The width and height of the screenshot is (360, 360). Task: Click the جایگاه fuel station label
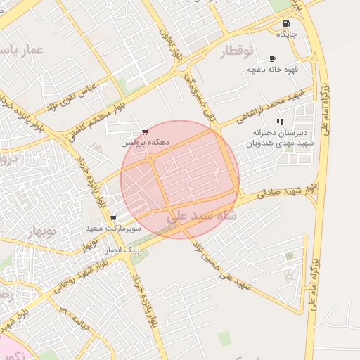coord(287,34)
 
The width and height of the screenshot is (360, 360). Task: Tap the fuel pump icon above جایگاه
coord(286,23)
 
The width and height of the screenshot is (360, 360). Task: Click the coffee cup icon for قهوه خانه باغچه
coord(272,58)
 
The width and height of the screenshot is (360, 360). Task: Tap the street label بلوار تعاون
coord(165,44)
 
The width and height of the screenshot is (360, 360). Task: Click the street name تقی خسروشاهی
coord(198,96)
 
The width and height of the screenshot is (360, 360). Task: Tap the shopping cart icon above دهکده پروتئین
coord(144,131)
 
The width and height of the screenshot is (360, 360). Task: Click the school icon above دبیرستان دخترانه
coord(280,122)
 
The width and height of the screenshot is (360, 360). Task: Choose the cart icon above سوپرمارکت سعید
coord(113,218)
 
